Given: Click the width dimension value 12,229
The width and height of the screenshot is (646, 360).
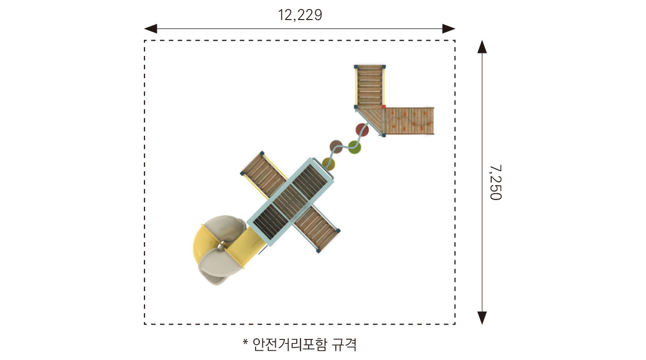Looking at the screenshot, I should (x=300, y=14).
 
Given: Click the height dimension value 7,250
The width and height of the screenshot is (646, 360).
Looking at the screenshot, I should (x=495, y=182).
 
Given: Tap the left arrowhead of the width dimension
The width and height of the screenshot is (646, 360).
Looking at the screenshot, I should (x=150, y=28).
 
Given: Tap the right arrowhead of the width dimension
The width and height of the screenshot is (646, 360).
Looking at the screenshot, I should (x=449, y=28).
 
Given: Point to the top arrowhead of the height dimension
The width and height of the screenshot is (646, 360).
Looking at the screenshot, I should (x=482, y=47).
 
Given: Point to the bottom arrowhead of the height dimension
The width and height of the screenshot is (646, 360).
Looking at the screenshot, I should (x=482, y=318).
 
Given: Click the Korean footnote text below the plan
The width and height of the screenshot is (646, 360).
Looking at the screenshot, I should (x=304, y=344).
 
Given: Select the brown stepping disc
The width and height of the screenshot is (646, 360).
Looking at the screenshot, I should (x=336, y=146).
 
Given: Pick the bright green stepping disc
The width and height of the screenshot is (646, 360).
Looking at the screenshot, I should (x=355, y=147).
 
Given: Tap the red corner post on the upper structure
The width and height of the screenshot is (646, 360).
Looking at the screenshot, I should (x=384, y=107).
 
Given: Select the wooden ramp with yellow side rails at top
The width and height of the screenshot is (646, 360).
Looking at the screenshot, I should (x=370, y=85).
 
